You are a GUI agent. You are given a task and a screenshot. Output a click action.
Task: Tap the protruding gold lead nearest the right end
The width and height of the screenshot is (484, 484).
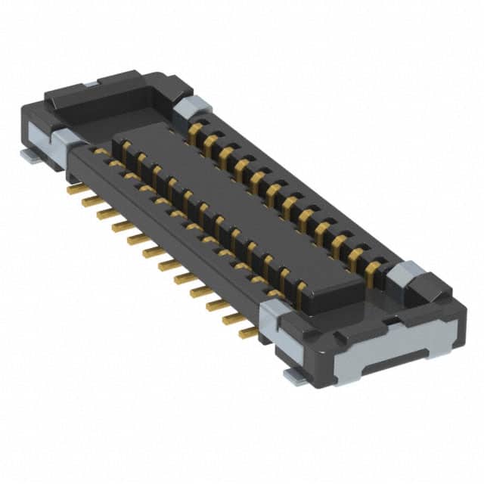(x=246, y=331)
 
